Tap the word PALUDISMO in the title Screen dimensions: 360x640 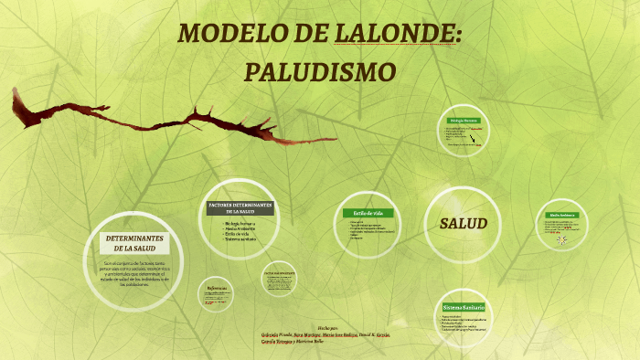[321, 71]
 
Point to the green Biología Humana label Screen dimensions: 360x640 [464, 121]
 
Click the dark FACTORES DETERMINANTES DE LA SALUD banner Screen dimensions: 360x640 [240, 207]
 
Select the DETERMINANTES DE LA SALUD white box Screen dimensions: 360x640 [134, 243]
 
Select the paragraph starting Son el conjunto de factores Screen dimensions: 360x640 [134, 273]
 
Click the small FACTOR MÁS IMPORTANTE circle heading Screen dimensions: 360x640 [279, 273]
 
